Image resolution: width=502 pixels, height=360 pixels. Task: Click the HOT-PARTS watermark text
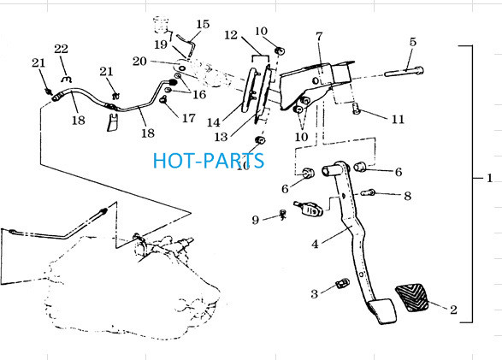(209, 161)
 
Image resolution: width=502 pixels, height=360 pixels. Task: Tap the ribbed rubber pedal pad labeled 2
(412, 297)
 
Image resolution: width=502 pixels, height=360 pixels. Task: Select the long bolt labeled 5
(404, 72)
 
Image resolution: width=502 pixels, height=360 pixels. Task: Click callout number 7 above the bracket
(319, 37)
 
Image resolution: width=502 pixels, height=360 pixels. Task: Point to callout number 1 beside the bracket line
(489, 178)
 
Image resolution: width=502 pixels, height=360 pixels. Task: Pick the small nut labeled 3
(343, 283)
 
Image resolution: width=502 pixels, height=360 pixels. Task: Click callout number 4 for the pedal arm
(315, 245)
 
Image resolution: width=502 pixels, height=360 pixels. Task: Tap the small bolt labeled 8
(369, 192)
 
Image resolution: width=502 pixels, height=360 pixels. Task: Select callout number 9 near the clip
(255, 220)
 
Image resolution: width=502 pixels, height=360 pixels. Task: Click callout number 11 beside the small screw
(398, 119)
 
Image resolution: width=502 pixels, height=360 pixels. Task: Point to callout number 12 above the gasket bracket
(231, 35)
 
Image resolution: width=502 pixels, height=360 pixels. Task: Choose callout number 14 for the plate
(214, 122)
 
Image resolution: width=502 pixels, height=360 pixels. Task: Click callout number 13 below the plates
(221, 137)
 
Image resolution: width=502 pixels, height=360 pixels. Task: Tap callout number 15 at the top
(203, 24)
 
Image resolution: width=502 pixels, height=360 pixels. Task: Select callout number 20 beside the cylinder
(139, 61)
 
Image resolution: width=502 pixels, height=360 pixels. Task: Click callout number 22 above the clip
(62, 49)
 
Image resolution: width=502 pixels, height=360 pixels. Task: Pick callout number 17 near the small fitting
(188, 118)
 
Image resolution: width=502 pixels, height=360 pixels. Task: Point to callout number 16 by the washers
(199, 94)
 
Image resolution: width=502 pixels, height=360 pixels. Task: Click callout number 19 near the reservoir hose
(161, 44)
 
